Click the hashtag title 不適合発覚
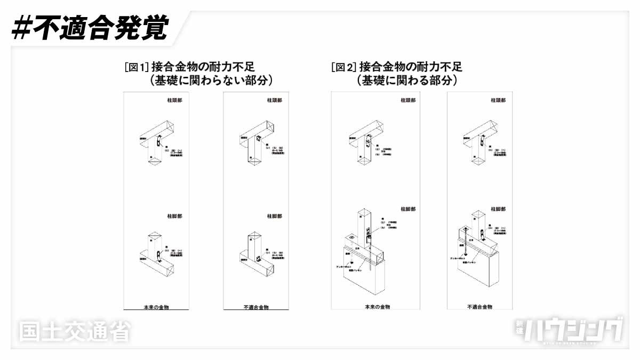(x=90, y=28)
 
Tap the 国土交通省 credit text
(x=75, y=331)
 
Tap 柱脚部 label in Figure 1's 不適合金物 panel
(x=275, y=216)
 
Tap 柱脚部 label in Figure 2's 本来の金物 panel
(x=408, y=210)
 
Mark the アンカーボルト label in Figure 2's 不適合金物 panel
(x=459, y=259)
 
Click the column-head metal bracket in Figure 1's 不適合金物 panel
(x=258, y=139)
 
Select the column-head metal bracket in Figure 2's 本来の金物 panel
(x=368, y=143)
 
